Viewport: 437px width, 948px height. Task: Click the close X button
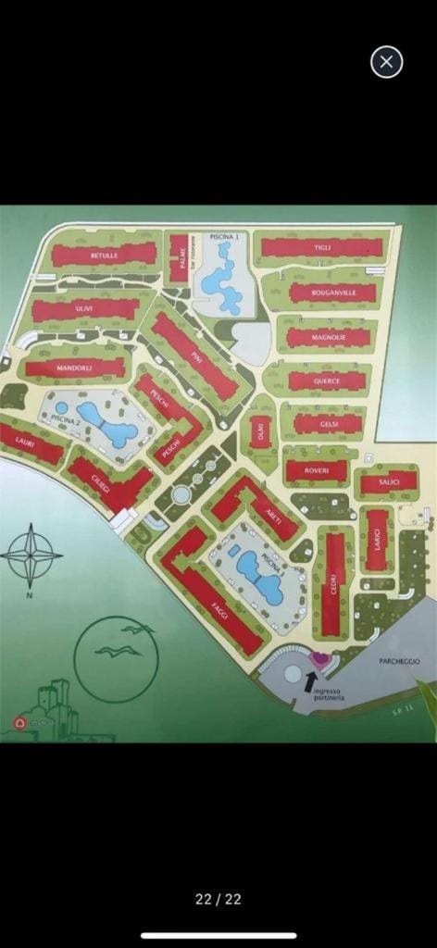click(386, 62)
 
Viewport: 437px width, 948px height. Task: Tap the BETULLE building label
click(103, 255)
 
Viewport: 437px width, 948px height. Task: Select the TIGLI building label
click(321, 247)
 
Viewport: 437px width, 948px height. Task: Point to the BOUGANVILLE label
click(331, 293)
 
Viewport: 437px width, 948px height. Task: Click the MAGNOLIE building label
click(328, 338)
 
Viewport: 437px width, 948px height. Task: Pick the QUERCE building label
click(326, 380)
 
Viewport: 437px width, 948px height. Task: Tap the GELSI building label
click(328, 424)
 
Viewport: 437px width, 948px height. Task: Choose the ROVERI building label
click(315, 470)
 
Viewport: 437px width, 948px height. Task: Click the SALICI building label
click(386, 483)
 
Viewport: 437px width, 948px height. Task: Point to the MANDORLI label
click(74, 368)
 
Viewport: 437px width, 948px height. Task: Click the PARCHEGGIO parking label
click(399, 661)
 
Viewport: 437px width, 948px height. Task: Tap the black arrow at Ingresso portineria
click(310, 681)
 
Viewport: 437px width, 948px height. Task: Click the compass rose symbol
click(31, 555)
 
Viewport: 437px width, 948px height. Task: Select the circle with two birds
click(117, 658)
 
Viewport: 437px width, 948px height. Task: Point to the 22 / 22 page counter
click(218, 899)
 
